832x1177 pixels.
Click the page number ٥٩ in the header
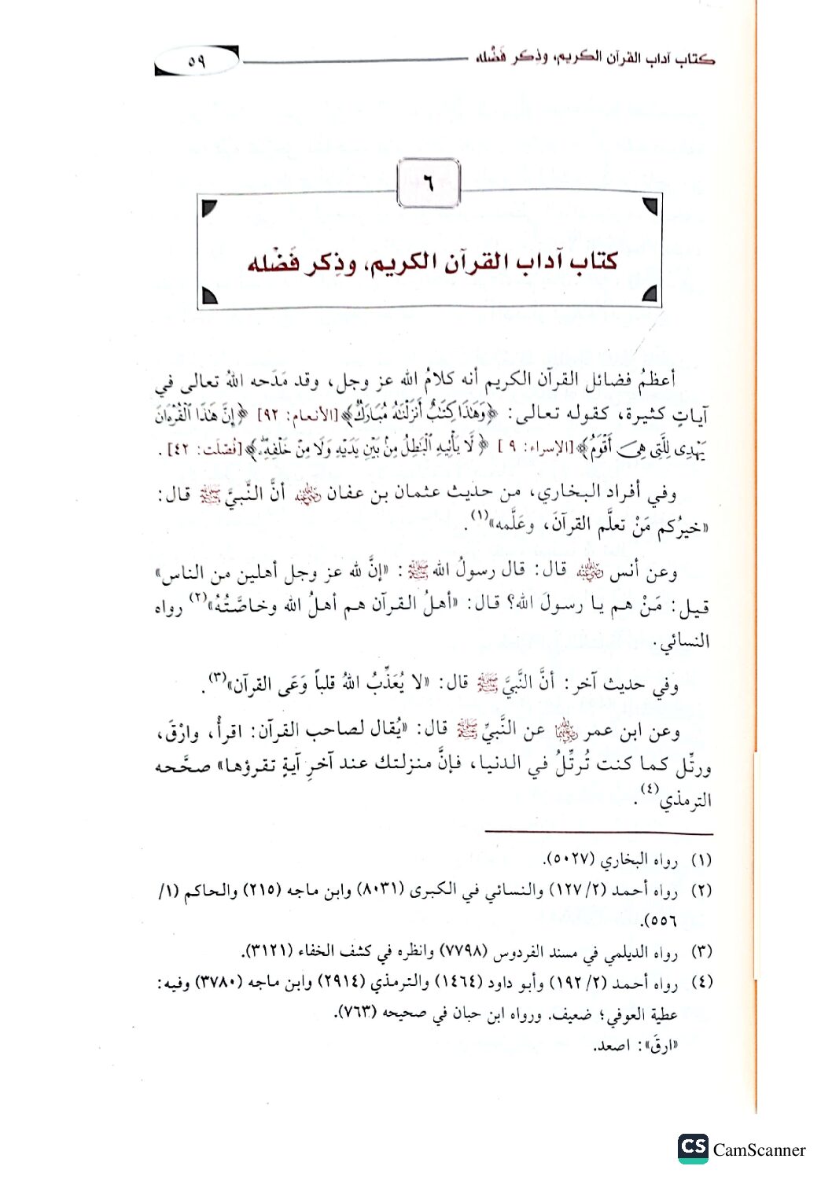pyautogui.click(x=196, y=61)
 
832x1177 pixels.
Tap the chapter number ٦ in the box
pyautogui.click(x=428, y=186)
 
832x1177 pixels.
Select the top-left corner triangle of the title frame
pyautogui.click(x=210, y=208)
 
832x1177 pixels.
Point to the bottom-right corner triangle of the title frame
pyautogui.click(x=649, y=295)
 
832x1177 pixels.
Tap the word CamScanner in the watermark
pyautogui.click(x=759, y=1150)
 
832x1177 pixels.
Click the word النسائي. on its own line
pyautogui.click(x=685, y=641)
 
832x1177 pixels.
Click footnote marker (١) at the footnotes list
pyautogui.click(x=701, y=861)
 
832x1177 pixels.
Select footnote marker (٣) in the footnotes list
pyautogui.click(x=701, y=952)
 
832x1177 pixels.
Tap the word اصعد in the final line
pyautogui.click(x=610, y=1046)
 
